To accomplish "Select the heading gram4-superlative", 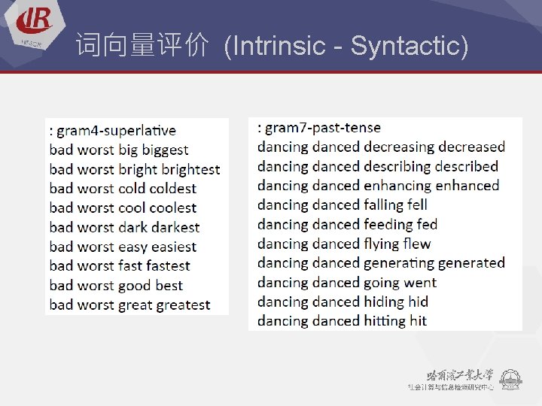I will click(x=116, y=131).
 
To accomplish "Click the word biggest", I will click(x=163, y=150).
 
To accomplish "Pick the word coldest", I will click(x=172, y=189).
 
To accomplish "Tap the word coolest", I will click(x=172, y=208).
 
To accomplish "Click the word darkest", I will click(x=175, y=227).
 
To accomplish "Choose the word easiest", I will click(x=172, y=247).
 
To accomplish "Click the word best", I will click(x=169, y=286).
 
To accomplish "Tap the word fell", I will click(x=416, y=205).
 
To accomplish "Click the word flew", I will click(x=417, y=244).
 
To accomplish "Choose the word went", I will click(x=420, y=283).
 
